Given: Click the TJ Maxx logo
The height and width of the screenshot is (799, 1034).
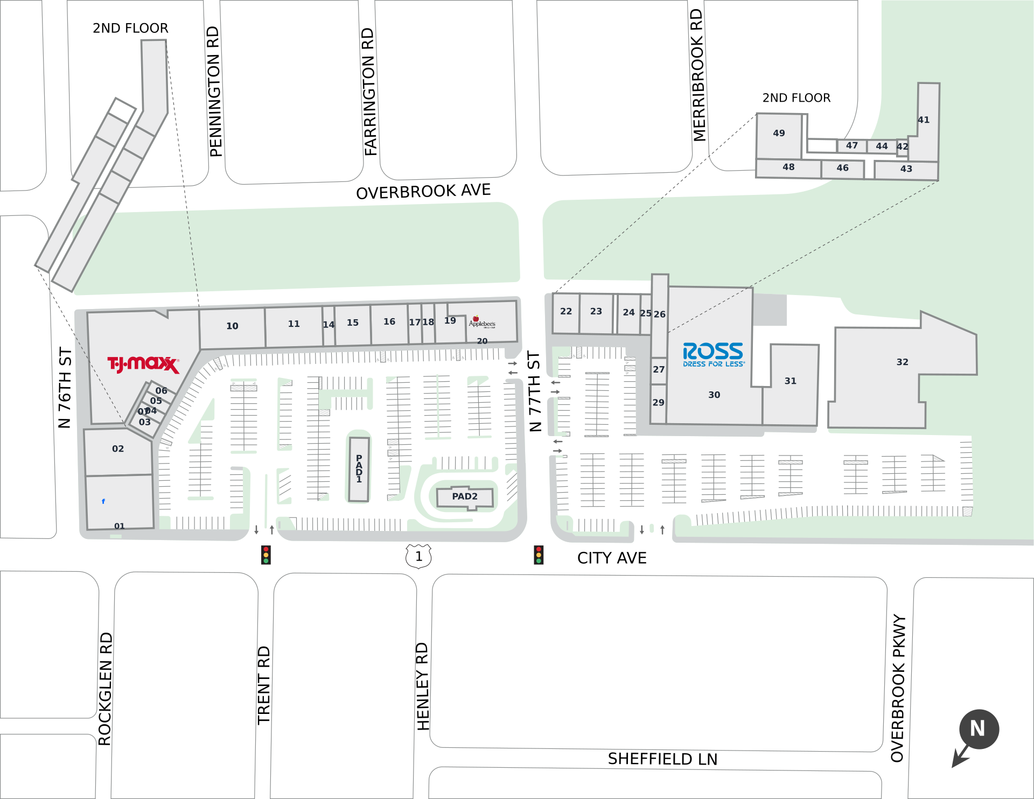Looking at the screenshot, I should pos(143,365).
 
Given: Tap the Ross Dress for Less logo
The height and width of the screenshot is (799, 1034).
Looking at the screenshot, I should pos(714,354).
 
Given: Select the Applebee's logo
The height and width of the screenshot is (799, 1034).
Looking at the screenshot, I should pos(481,323).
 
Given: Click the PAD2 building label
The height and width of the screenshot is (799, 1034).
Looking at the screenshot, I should pos(465,496).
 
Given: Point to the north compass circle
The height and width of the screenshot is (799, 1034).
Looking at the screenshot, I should pos(979,729).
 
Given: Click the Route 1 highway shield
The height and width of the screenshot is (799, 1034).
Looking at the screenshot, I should pos(418,556).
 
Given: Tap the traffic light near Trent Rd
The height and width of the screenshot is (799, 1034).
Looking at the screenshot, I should pos(266,555).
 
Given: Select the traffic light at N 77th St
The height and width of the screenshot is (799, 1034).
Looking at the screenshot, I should pos(539,555).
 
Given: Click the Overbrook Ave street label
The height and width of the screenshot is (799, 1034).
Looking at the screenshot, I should pos(423,192).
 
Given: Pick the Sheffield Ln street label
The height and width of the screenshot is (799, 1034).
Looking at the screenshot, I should pos(662,759).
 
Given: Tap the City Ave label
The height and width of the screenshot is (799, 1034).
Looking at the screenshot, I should pos(612,558).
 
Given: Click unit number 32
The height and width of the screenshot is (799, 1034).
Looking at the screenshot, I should pos(903,362).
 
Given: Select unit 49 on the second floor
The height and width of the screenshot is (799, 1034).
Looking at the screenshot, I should pos(779,133).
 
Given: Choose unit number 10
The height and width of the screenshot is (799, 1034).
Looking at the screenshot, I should pos(232,326).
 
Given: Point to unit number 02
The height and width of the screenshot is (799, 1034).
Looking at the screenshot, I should pos(118,448).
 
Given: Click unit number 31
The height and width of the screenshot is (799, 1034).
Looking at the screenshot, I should pos(790,381).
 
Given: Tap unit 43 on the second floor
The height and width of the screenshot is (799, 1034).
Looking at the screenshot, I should pos(906,169).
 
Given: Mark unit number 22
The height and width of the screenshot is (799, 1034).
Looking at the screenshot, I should pos(566,311).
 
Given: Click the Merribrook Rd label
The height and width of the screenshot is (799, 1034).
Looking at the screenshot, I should pos(698,75).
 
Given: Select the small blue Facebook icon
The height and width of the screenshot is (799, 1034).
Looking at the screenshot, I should pos(103,501).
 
